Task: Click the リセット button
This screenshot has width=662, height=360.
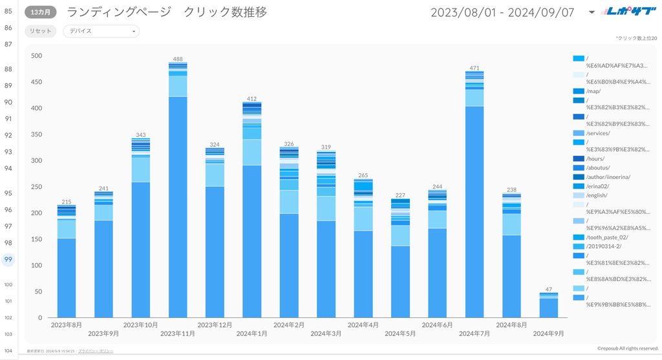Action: [41, 31]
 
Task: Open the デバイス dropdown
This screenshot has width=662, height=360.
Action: [101, 31]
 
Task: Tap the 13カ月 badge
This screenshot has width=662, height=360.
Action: [41, 12]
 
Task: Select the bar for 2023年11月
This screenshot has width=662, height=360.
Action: [177, 194]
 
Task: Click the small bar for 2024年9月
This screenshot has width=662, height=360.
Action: [548, 306]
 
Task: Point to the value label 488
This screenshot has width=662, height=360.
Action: [177, 59]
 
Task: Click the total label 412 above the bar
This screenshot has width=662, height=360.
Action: [251, 98]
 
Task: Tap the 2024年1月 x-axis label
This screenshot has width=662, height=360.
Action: [251, 334]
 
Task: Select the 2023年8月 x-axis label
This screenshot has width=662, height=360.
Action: [66, 324]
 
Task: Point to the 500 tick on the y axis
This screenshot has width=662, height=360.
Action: [37, 56]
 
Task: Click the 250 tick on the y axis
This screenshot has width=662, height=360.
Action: [37, 187]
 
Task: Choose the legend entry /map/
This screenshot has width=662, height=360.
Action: [593, 91]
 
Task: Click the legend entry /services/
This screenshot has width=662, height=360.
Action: [597, 133]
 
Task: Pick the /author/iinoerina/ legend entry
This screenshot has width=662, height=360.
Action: [608, 177]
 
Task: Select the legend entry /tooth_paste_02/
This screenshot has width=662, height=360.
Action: [606, 237]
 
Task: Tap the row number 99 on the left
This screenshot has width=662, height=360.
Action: [8, 260]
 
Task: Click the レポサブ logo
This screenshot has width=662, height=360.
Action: [626, 12]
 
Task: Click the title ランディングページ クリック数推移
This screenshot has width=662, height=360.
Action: [167, 12]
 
